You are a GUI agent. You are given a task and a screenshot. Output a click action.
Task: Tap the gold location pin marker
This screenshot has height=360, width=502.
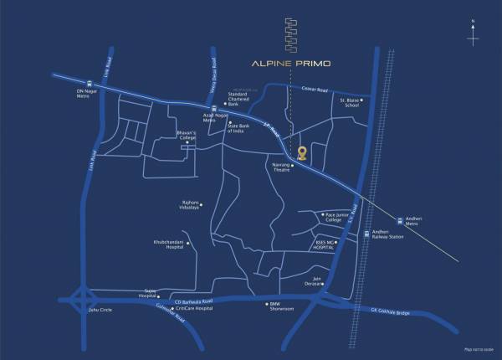(x=302, y=152)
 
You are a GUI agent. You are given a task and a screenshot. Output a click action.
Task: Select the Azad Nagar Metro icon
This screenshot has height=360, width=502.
(x=214, y=110)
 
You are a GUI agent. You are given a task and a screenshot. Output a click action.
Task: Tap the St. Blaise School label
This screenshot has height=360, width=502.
(x=349, y=104)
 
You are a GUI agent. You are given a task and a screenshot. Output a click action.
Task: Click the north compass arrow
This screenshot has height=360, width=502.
(x=473, y=37)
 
